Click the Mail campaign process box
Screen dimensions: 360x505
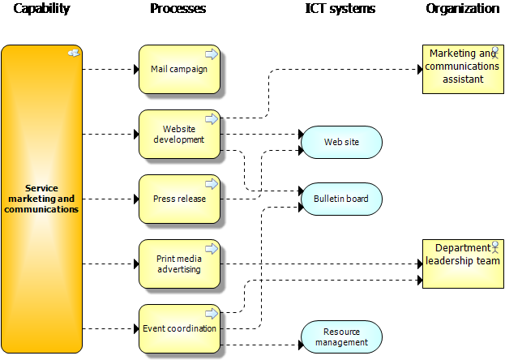coord(179,70)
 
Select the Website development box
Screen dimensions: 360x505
coord(179,135)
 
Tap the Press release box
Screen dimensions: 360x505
coord(179,199)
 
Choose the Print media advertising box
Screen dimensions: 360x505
coord(179,264)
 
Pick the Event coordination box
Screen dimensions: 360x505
coord(179,329)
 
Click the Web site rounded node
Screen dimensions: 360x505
coord(341,142)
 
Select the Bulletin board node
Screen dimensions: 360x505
coord(341,199)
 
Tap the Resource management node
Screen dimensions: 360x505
coord(341,336)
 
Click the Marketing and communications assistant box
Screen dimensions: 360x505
coord(463,70)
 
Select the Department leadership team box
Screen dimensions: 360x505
coord(463,264)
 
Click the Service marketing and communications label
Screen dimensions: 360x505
coord(41,199)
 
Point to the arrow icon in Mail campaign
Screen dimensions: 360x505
coord(211,54)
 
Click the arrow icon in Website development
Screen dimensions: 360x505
coord(211,119)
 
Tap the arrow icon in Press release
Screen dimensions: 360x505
coord(211,184)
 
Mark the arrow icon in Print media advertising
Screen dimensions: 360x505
coord(211,249)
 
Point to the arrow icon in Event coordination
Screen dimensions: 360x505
coord(211,314)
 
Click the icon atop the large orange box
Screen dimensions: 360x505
coord(73,54)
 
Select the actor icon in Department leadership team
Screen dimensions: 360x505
coord(495,246)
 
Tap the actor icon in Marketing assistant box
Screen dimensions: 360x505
coord(495,53)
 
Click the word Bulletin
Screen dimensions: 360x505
coord(329,199)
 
